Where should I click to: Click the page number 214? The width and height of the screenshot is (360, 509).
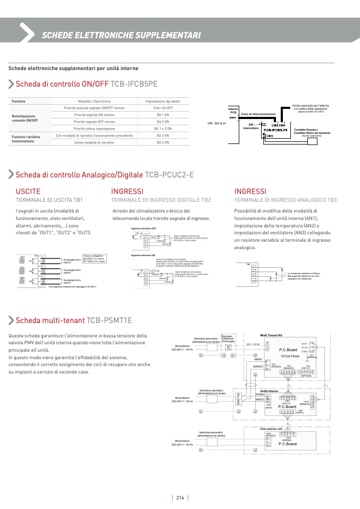pos(180,498)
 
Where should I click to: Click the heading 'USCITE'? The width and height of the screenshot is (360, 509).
pos(28,191)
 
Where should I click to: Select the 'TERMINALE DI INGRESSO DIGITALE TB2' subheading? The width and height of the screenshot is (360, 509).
pos(161,200)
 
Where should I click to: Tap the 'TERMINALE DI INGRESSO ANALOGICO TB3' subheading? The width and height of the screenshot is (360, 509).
pos(286,200)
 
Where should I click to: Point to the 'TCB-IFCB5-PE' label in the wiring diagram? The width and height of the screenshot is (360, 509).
pos(275,130)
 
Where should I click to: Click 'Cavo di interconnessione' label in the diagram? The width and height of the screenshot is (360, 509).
pos(258,114)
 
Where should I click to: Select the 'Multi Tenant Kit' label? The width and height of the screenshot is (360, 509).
pos(271,336)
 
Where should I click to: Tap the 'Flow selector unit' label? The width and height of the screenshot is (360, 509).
pos(271,428)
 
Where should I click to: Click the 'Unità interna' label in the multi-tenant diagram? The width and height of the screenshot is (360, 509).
pos(269,391)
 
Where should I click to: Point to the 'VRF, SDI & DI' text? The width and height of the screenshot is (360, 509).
pos(216,123)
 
